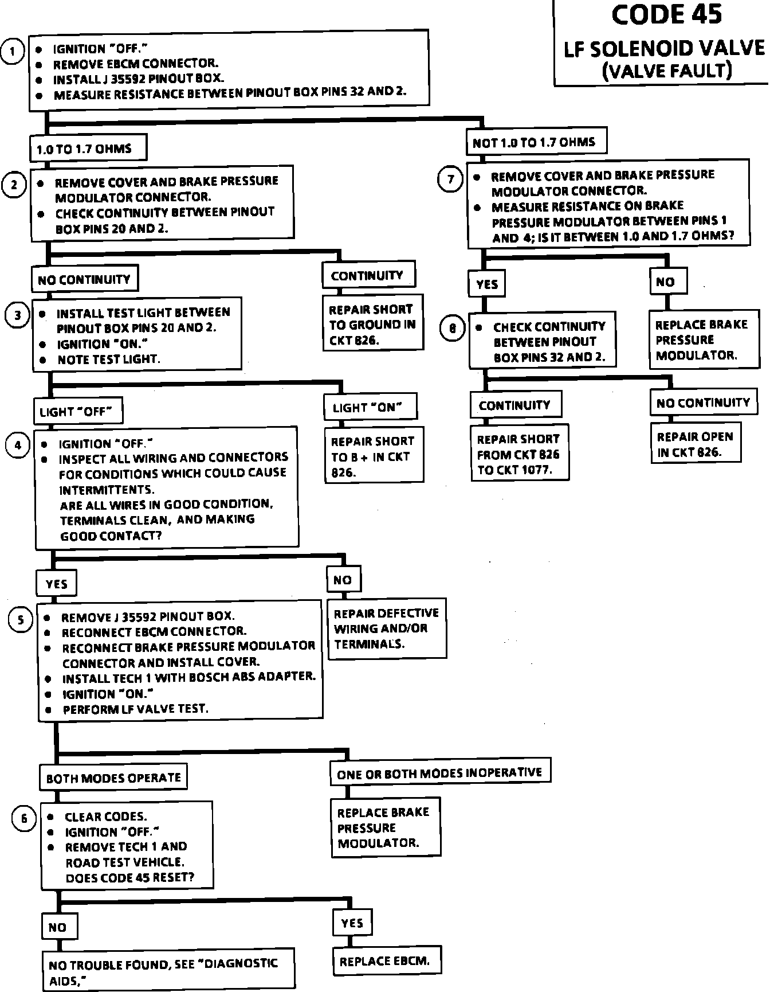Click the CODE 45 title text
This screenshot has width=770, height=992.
pos(666,15)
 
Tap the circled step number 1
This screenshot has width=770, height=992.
pos(13,52)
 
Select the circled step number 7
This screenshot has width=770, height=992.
pos(450,179)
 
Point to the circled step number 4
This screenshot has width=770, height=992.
pos(18,446)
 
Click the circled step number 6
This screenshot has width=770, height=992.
pos(23,818)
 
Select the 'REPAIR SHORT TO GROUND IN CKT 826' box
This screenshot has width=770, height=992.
pos(372,323)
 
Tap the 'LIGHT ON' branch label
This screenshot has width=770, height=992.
pos(369,407)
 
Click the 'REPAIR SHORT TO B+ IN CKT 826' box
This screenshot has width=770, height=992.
pos(374,456)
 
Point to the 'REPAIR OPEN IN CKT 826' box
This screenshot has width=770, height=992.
pos(695,444)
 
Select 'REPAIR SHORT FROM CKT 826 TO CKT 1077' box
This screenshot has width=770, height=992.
pos(519,454)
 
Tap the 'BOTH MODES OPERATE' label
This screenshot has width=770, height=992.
pos(113,778)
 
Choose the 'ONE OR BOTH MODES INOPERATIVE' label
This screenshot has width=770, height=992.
pos(439,772)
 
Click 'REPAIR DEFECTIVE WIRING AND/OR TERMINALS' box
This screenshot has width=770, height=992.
pos(387,628)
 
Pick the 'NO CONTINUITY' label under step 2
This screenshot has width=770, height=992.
pos(84,279)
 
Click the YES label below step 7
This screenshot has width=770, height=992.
pos(487,284)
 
